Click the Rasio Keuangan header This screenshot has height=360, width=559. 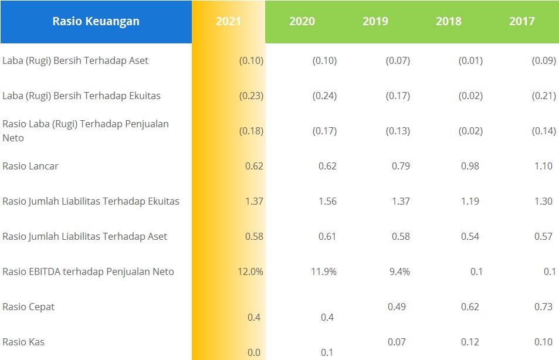click(96, 22)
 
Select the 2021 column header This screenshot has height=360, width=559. click(228, 22)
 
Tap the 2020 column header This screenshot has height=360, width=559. click(301, 22)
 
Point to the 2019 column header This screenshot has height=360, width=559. click(375, 22)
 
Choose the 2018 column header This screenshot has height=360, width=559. click(448, 22)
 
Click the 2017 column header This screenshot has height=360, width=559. click(521, 22)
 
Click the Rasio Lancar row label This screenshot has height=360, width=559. click(31, 166)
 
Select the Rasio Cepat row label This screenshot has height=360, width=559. click(29, 307)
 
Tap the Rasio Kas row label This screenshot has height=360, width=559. click(23, 342)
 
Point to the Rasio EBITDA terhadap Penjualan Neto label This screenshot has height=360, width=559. click(88, 271)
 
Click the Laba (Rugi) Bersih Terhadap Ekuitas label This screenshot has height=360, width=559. click(82, 96)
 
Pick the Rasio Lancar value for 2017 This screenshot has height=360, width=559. click(543, 166)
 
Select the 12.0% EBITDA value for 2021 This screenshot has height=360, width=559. click(251, 271)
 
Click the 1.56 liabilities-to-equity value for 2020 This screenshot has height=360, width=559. click(327, 201)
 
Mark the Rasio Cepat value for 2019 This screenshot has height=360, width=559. click(399, 307)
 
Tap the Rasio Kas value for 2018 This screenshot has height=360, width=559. click(470, 342)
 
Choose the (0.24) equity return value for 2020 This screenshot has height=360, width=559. click(324, 96)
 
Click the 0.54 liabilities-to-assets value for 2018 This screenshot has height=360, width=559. click(470, 236)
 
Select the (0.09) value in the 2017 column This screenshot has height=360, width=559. click(544, 60)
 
